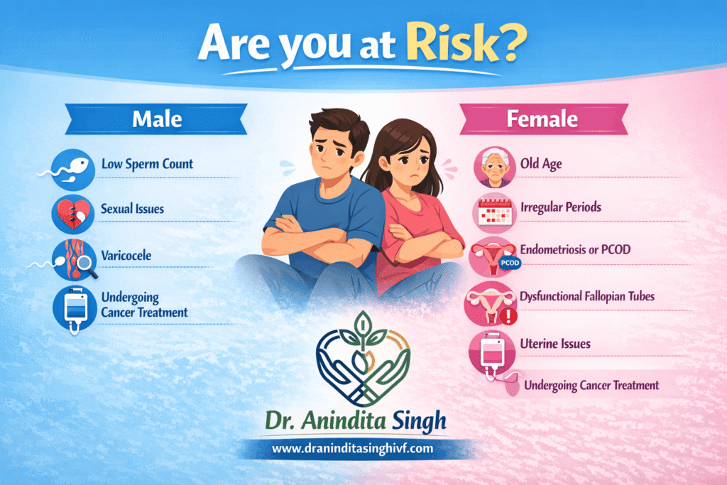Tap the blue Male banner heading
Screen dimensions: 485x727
click(x=155, y=119)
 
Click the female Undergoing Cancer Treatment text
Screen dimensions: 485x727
click(x=591, y=386)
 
